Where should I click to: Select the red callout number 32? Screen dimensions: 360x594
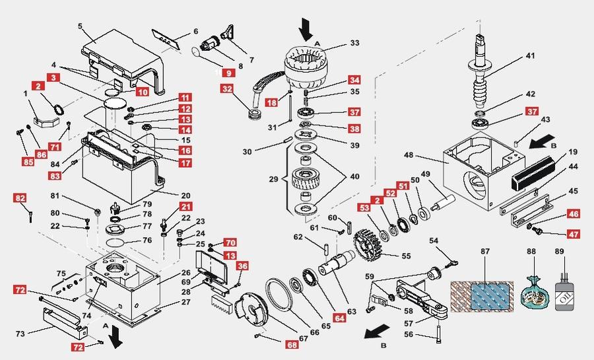pyautogui.click(x=227, y=89)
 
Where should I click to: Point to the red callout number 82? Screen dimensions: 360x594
pyautogui.click(x=20, y=198)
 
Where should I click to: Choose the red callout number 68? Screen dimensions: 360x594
pyautogui.click(x=291, y=344)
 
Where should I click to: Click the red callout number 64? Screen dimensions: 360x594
pyautogui.click(x=339, y=318)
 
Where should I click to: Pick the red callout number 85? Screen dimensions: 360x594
pyautogui.click(x=28, y=161)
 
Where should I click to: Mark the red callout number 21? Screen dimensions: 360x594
pyautogui.click(x=168, y=207)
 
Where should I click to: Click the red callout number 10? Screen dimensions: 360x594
pyautogui.click(x=143, y=90)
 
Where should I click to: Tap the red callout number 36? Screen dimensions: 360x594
pyautogui.click(x=243, y=266)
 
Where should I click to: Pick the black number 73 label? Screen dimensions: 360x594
pyautogui.click(x=20, y=334)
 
